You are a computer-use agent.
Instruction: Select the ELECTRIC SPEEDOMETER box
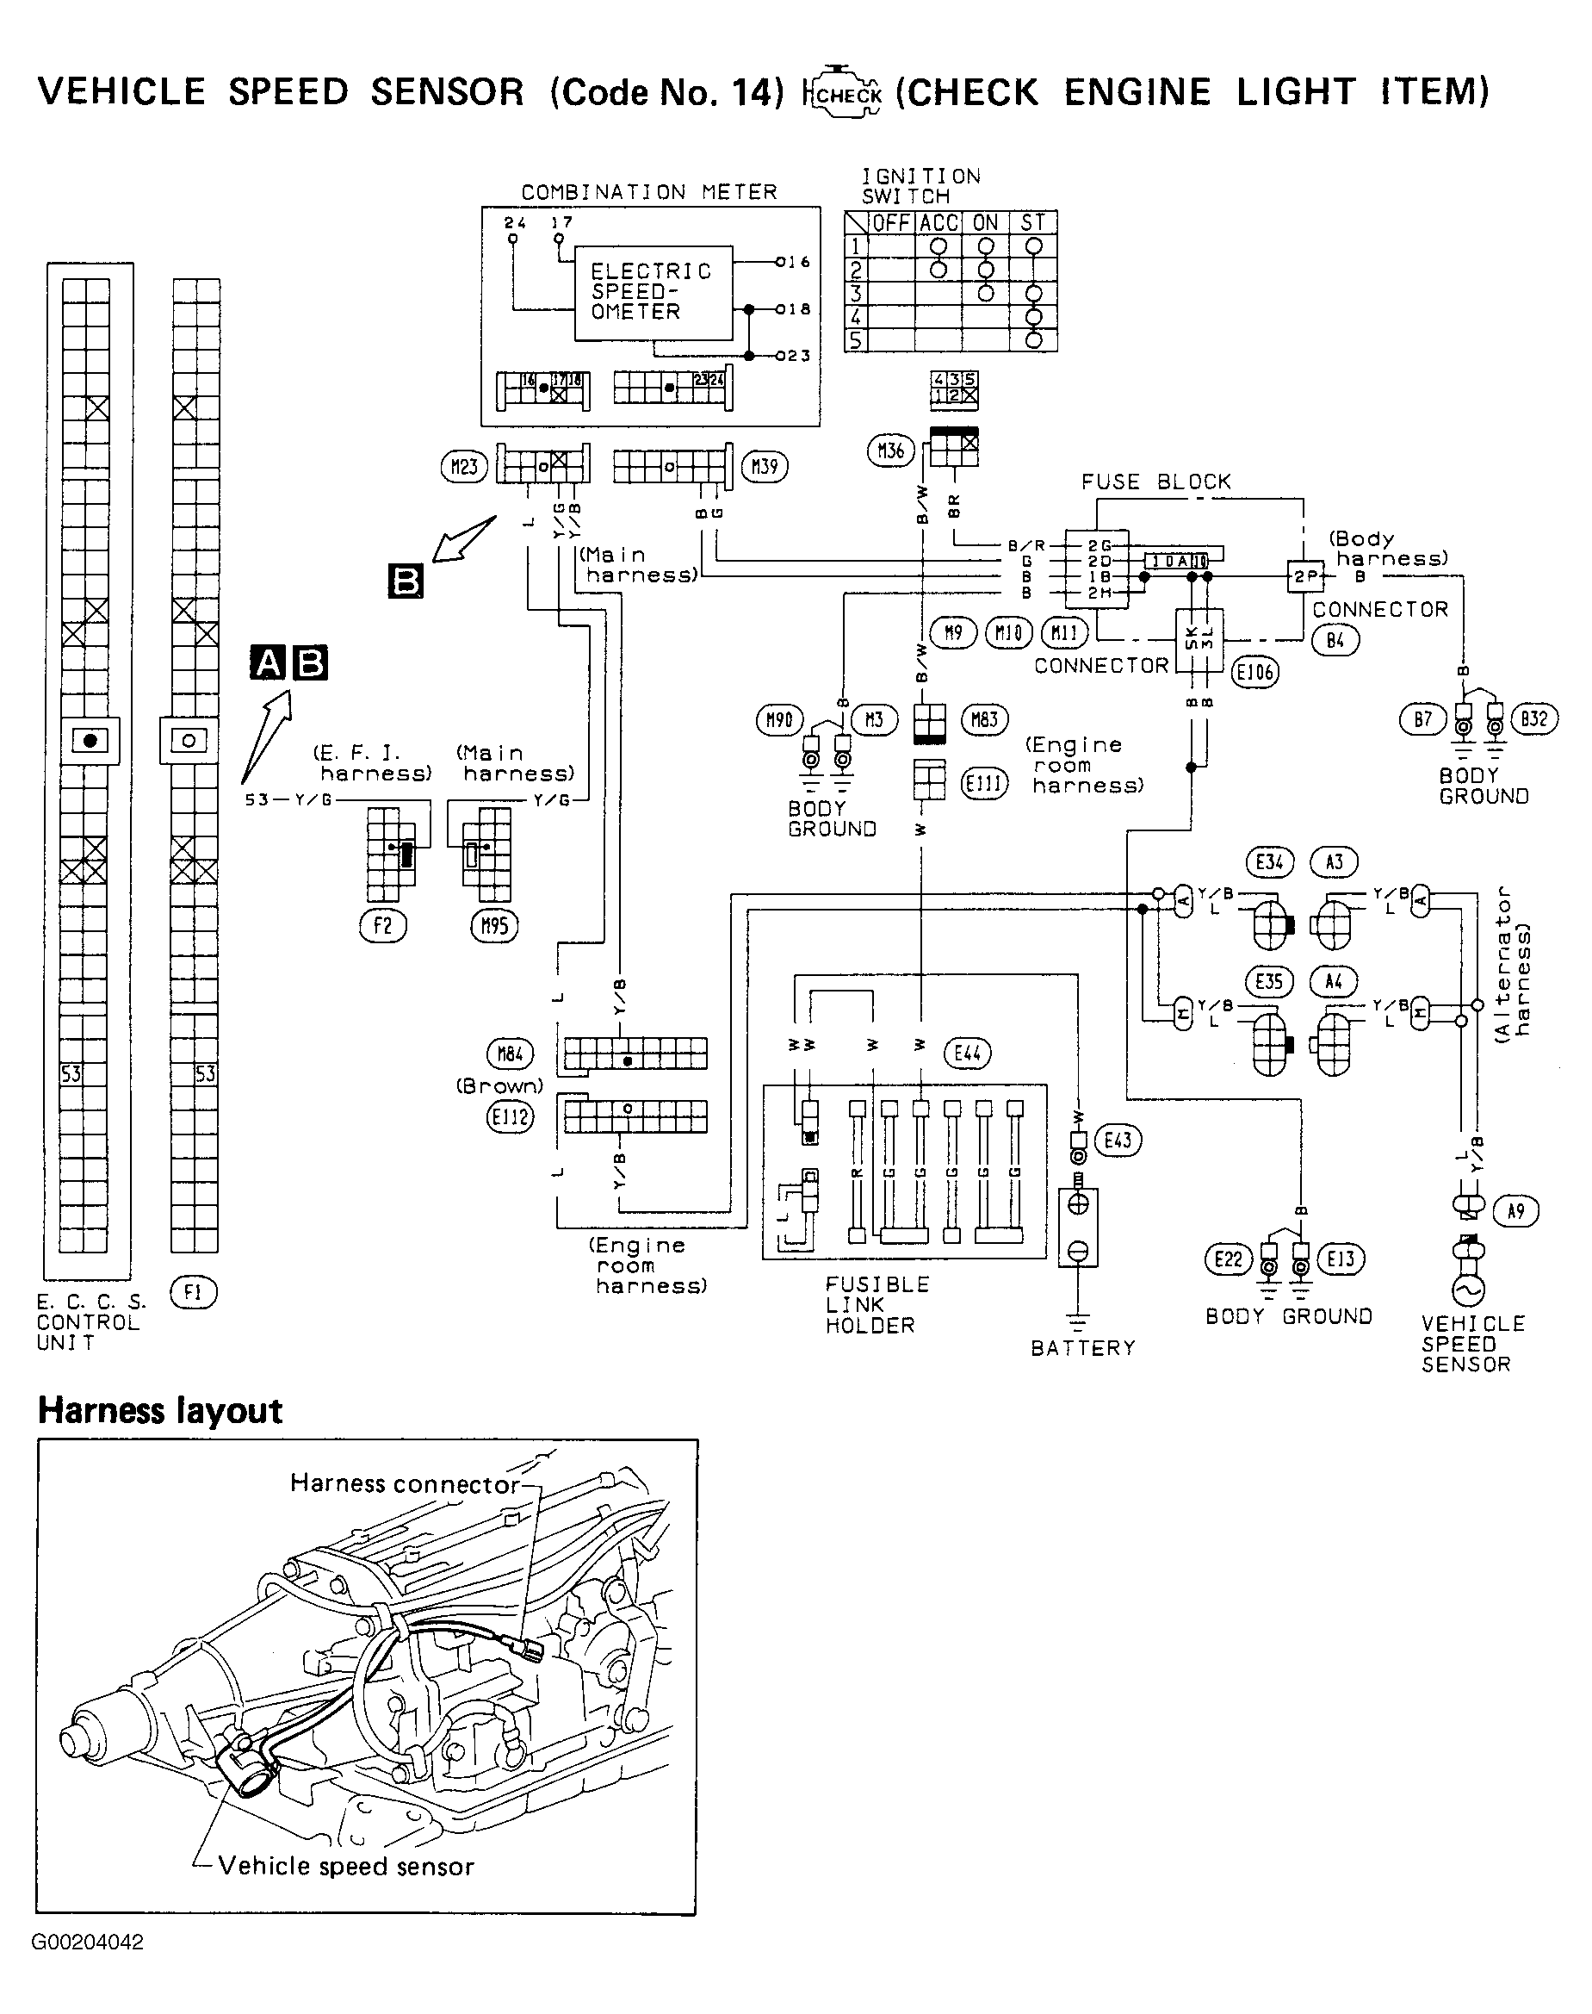(653, 292)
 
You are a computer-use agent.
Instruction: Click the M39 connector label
(765, 466)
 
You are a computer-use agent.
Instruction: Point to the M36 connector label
(891, 451)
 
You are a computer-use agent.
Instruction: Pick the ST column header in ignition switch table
(1032, 222)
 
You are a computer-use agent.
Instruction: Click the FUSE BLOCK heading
(1155, 482)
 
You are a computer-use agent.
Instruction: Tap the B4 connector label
(1335, 641)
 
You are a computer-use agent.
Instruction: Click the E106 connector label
(1254, 671)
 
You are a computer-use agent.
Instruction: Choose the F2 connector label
(383, 925)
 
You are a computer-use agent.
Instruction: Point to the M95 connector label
(494, 925)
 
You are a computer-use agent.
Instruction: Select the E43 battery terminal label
(1117, 1140)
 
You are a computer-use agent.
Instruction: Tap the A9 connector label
(1515, 1211)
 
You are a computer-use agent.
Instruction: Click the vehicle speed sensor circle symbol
(1466, 1290)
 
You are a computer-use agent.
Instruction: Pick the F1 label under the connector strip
(193, 1293)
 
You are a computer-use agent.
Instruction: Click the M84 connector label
(510, 1054)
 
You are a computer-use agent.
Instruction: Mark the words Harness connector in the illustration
(405, 1483)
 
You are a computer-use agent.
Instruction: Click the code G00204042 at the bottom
(88, 1943)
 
